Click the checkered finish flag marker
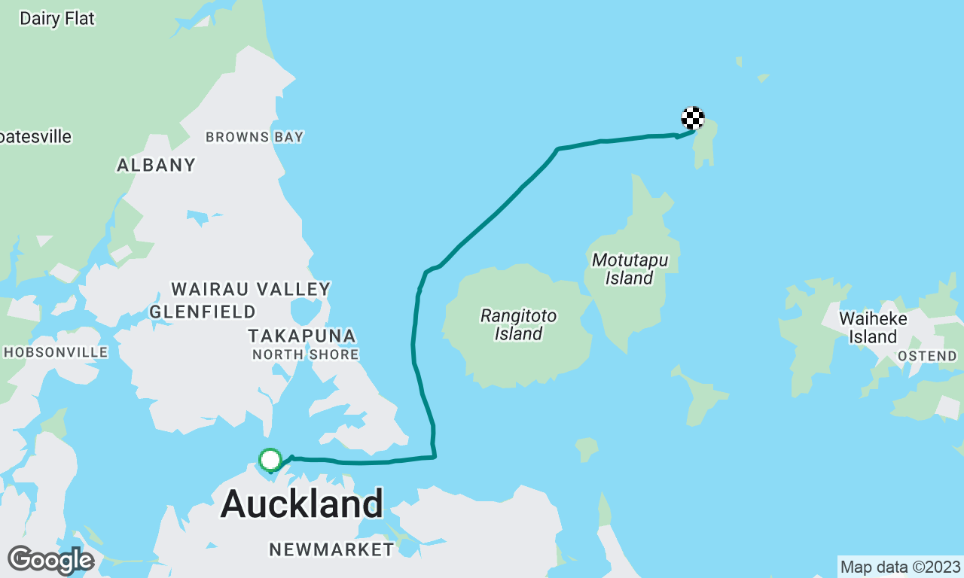coord(693,118)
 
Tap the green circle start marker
coord(270,459)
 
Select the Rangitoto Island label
coord(518,324)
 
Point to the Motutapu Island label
coord(630,269)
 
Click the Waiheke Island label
coord(873,327)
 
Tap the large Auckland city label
coord(302,503)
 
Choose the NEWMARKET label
coord(331,549)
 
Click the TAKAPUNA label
coord(301,336)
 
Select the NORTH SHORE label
coord(305,354)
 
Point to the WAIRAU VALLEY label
coord(251,289)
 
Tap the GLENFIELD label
coord(203,312)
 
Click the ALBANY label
coord(156,165)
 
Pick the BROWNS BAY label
coord(255,137)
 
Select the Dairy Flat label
coord(57,19)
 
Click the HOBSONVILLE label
coord(56,352)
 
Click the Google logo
coord(50,560)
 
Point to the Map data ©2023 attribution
coord(900,567)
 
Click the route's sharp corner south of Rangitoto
coord(435,456)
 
